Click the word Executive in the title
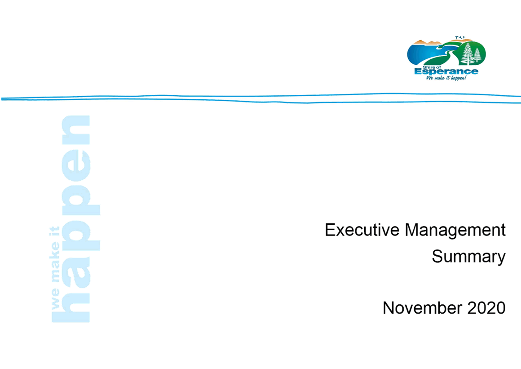[362, 230]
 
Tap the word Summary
[468, 257]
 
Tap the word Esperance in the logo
[446, 71]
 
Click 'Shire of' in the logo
[432, 67]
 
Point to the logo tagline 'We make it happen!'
[446, 78]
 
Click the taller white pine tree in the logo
[468, 54]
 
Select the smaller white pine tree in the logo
[477, 55]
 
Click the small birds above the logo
[460, 37]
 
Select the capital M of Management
[412, 230]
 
